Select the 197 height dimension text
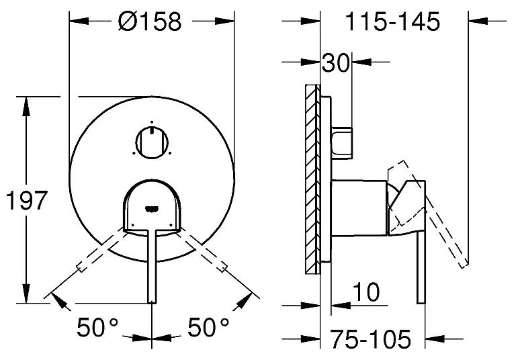pos(27,201)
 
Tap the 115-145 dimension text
pos(393,21)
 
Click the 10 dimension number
pos(365,292)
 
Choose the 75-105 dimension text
pos(370,339)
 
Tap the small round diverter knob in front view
pos(153,142)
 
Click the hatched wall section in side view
pos(312,179)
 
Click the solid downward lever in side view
pos(421,269)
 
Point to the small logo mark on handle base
pos(153,206)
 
